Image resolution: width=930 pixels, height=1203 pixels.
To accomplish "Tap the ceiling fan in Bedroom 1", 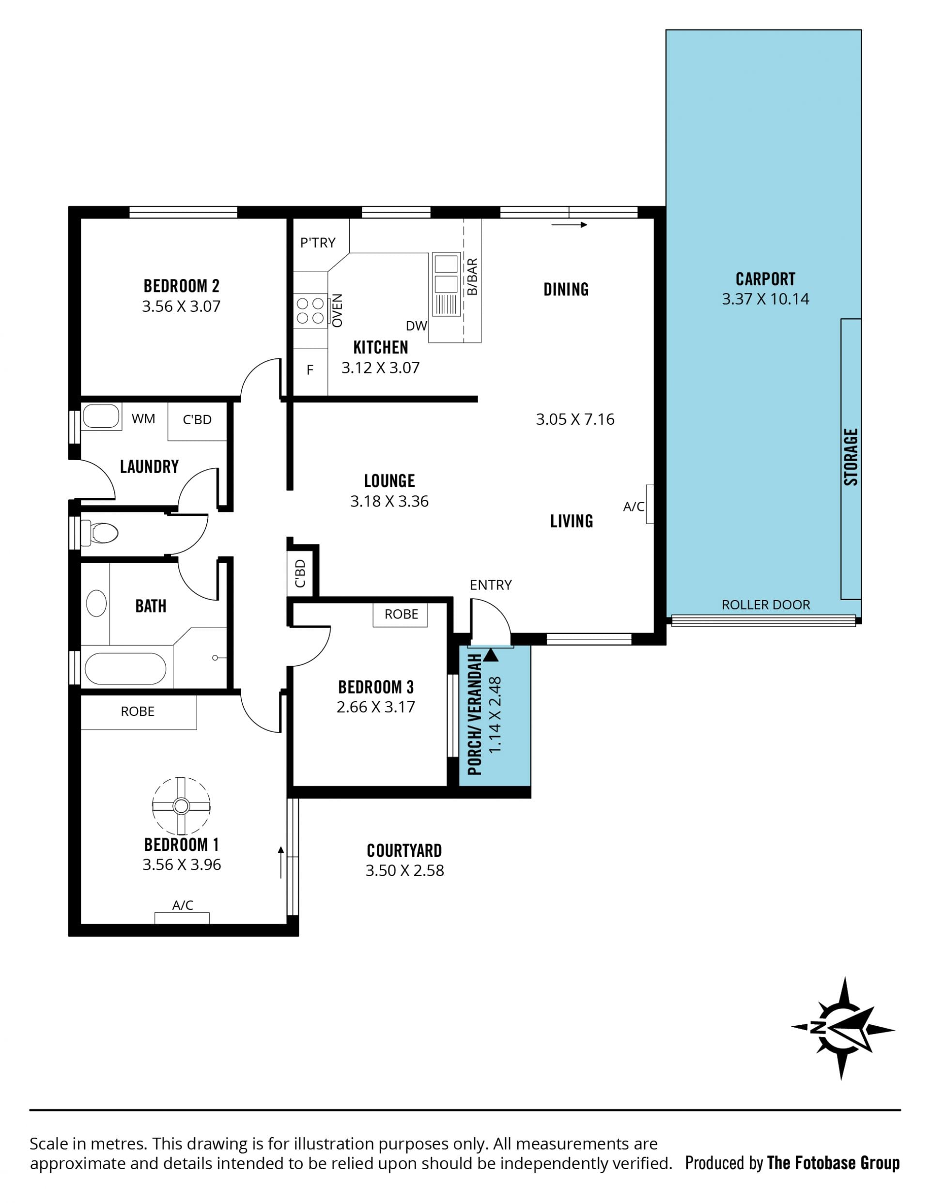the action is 181,806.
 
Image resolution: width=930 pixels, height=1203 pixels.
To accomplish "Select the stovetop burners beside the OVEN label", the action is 310,310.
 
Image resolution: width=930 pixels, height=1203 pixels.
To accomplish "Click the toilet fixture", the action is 100,533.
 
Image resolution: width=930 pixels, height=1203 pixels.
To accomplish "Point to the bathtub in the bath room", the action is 125,669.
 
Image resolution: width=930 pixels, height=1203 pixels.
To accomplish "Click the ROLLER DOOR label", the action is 766,605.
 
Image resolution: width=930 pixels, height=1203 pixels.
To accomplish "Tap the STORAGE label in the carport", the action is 851,457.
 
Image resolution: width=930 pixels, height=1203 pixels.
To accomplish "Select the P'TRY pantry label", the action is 317,242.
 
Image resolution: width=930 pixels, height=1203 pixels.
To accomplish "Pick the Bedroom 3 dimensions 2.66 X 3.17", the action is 376,707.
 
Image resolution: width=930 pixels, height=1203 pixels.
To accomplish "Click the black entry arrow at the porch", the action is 491,655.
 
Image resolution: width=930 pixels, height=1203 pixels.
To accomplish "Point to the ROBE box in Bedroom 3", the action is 401,615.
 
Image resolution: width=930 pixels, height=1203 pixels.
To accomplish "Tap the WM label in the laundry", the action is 143,418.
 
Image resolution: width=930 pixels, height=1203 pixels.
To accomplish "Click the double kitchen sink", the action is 446,284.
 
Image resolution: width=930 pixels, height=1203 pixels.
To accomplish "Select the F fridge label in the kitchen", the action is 310,370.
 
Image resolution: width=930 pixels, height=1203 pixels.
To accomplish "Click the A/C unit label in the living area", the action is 634,507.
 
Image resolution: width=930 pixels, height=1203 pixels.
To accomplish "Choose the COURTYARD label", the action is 404,851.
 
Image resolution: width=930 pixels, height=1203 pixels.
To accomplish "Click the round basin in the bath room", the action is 96,603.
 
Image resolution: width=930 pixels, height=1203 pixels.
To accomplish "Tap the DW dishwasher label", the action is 417,326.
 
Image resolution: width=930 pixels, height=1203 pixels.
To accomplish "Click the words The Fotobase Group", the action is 834,1163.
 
